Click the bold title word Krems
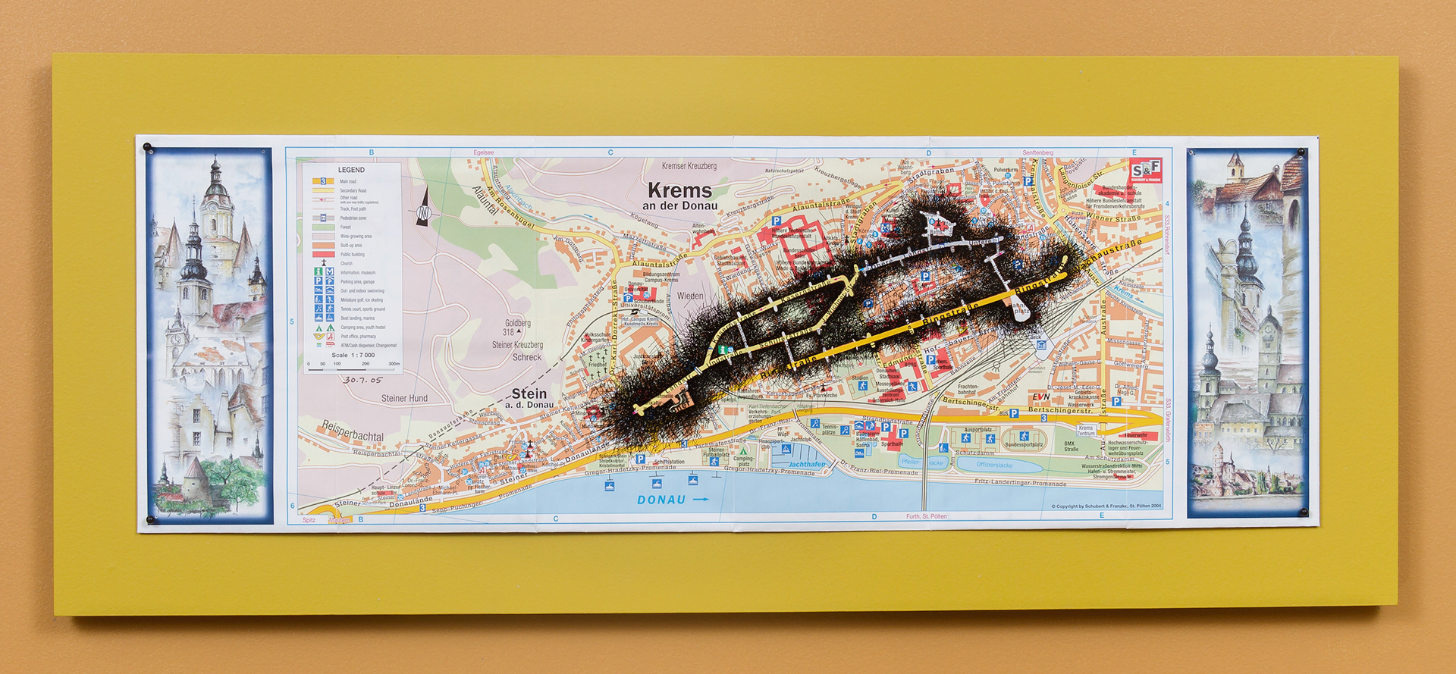tap(679, 190)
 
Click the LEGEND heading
tap(351, 170)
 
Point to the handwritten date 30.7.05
tap(363, 380)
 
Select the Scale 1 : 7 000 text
tap(353, 355)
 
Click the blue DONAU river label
tap(662, 500)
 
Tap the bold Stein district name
tap(529, 393)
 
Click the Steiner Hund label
tap(404, 398)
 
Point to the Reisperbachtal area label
tap(353, 431)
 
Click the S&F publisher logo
tap(1145, 171)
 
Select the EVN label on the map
tap(1040, 397)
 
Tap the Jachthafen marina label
tap(807, 464)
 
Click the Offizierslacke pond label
tap(994, 465)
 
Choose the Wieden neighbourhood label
tap(690, 296)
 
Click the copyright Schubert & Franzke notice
tap(1106, 506)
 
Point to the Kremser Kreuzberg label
tap(689, 166)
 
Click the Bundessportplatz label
tap(1025, 445)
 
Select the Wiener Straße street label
tap(1113, 218)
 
